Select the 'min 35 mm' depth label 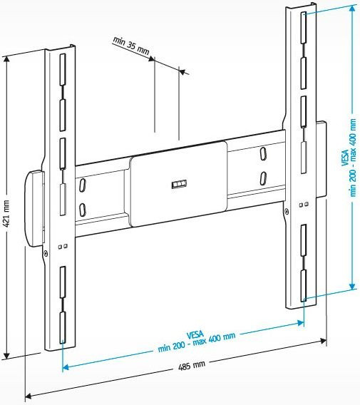click(131, 46)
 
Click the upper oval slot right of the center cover click(264, 154)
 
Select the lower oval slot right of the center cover click(264, 177)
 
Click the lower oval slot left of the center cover click(83, 210)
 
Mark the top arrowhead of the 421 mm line click(6, 60)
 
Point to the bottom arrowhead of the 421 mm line click(6, 354)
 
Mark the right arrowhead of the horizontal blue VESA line click(302, 322)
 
